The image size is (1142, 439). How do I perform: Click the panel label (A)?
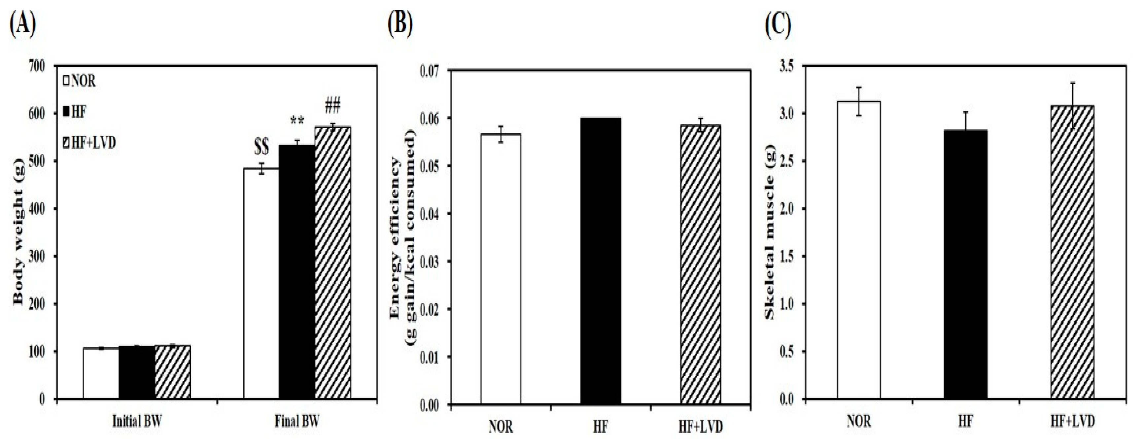coord(22,24)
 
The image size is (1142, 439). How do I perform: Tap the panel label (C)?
coord(779,24)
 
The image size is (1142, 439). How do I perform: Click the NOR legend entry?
coord(80,81)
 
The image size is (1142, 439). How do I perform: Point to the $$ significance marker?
coord(261,148)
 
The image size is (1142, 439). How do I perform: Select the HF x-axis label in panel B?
coord(600,426)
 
